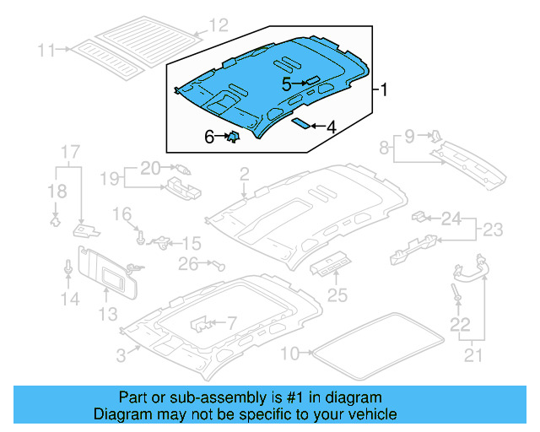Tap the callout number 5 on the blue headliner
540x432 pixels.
click(287, 84)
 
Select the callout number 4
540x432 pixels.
click(331, 127)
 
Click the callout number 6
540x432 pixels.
click(209, 136)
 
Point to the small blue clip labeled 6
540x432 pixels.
click(233, 136)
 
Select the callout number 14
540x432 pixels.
click(69, 299)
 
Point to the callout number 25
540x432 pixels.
click(337, 295)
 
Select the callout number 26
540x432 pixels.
click(187, 264)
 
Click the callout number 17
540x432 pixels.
click(69, 153)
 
